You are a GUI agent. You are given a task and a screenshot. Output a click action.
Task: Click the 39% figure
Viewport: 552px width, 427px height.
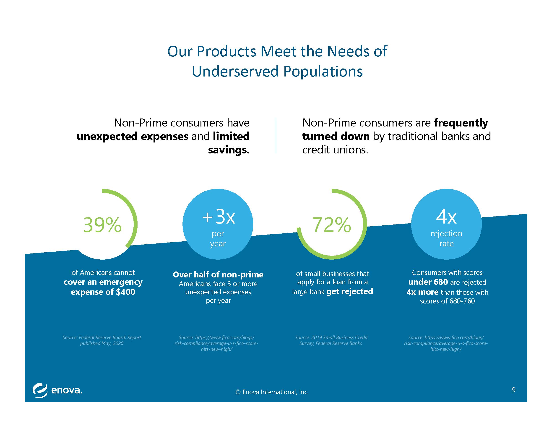[102, 225]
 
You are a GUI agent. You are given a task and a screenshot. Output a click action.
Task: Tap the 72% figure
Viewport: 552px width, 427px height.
[332, 225]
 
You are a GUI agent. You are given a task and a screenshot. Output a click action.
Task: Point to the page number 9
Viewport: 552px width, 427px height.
[513, 390]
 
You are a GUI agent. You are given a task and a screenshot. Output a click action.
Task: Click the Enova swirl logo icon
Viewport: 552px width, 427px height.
[40, 391]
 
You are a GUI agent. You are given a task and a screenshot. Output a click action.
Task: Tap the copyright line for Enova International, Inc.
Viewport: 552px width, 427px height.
[272, 392]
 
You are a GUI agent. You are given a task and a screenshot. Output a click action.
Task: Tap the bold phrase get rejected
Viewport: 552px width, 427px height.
[349, 291]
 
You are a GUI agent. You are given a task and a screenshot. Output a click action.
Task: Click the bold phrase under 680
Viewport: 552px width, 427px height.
[428, 282]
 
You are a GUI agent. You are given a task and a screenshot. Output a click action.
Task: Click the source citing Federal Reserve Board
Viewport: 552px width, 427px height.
[102, 340]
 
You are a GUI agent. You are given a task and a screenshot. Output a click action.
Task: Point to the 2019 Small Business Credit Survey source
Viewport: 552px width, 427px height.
[331, 340]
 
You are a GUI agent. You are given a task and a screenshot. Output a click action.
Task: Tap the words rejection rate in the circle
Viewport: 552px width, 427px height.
[446, 239]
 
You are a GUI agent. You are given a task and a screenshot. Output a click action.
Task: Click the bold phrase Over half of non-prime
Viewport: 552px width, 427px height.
[218, 274]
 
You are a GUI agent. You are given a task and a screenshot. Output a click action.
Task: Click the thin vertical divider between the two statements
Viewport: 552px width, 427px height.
[276, 135]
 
